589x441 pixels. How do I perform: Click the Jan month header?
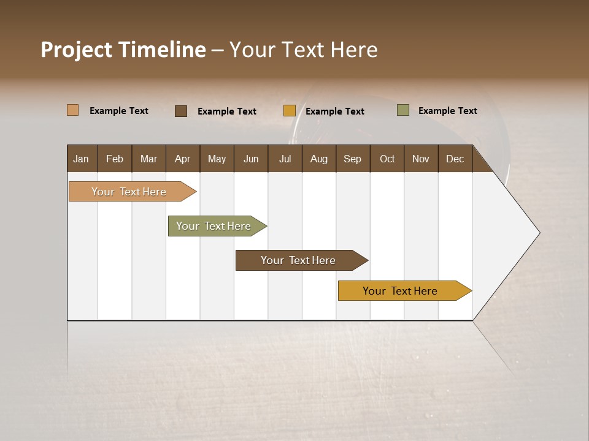[x=81, y=159]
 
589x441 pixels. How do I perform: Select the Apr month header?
[x=182, y=159]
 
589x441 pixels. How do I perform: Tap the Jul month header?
[x=285, y=159]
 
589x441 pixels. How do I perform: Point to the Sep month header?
[x=352, y=159]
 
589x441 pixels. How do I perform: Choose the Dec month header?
[x=455, y=159]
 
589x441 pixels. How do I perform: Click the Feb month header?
[x=115, y=159]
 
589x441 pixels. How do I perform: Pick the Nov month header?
[x=420, y=159]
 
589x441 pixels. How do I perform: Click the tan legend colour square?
[x=72, y=110]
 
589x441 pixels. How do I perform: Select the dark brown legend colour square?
[x=180, y=111]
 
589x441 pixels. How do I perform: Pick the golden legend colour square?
[x=289, y=111]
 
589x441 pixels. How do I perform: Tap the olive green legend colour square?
[x=402, y=110]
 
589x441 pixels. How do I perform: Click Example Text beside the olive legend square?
[x=447, y=111]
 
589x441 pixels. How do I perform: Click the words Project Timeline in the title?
[x=123, y=50]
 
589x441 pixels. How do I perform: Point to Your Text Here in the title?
[x=303, y=50]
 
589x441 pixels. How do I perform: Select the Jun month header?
[x=250, y=159]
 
